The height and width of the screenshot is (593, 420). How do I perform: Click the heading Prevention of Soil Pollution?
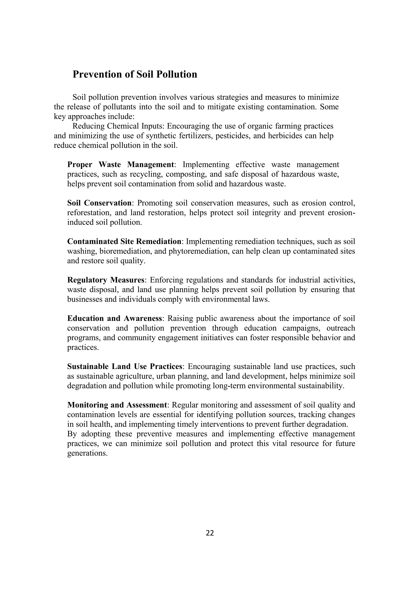click(x=135, y=74)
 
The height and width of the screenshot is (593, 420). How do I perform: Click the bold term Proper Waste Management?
click(x=121, y=165)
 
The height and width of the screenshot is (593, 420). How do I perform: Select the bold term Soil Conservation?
click(x=99, y=203)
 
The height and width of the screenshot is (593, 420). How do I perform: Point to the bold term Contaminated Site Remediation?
click(x=124, y=242)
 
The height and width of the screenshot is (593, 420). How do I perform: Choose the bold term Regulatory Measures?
click(x=106, y=280)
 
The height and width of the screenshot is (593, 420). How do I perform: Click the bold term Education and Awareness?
click(x=115, y=318)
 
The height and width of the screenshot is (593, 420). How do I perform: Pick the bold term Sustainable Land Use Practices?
click(x=125, y=367)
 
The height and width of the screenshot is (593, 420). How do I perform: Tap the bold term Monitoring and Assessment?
click(x=117, y=405)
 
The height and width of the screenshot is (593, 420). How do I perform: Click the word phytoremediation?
click(x=198, y=251)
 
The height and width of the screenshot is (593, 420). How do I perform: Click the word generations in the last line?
click(x=87, y=453)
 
